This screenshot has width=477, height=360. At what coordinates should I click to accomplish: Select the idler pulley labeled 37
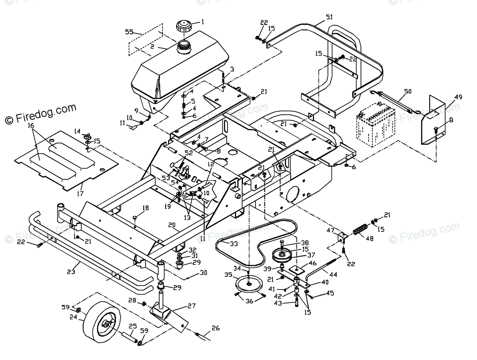[x=283, y=255]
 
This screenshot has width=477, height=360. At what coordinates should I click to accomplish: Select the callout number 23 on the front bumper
[x=71, y=272]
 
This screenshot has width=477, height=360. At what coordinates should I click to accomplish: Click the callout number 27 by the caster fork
[x=191, y=305]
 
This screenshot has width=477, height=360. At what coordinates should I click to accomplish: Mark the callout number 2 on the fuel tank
[x=152, y=46]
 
